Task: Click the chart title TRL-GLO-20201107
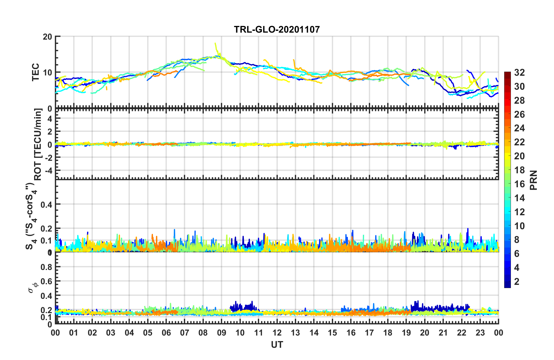click(x=277, y=29)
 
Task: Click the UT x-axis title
click(x=277, y=345)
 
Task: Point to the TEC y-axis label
click(x=36, y=72)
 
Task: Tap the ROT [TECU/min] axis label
click(x=38, y=144)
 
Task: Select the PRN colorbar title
click(x=534, y=180)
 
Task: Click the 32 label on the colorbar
click(x=519, y=73)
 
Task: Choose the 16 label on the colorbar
click(x=519, y=184)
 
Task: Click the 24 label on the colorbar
click(x=519, y=128)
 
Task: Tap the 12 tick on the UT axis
click(x=277, y=333)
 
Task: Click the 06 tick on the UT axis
click(x=166, y=333)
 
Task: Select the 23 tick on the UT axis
click(x=480, y=333)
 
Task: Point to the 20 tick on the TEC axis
click(x=47, y=37)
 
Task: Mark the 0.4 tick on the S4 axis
click(x=46, y=204)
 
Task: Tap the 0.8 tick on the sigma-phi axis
click(x=46, y=267)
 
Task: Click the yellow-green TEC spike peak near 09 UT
click(x=215, y=43)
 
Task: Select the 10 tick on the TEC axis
click(x=47, y=73)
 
